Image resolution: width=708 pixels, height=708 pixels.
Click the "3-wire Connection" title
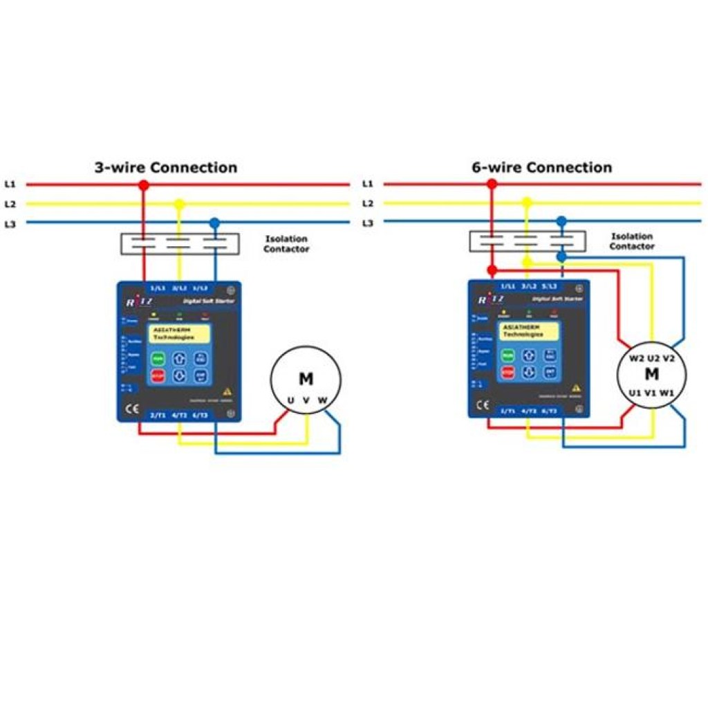click(x=166, y=167)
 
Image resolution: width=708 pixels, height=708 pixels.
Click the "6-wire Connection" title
click(x=541, y=167)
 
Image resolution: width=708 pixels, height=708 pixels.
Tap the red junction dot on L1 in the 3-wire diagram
click(x=144, y=185)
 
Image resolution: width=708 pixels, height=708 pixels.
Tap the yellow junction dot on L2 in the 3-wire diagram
click(x=179, y=204)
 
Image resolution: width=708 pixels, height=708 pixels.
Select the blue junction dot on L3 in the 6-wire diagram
click(x=561, y=221)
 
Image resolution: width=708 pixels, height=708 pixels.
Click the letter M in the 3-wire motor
click(x=306, y=378)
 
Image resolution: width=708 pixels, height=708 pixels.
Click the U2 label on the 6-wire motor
click(x=651, y=358)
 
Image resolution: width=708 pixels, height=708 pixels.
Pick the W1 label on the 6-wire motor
click(x=667, y=392)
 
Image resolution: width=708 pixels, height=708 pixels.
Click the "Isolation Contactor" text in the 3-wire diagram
click(x=286, y=244)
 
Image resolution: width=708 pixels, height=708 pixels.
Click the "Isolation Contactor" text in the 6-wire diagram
click(x=632, y=241)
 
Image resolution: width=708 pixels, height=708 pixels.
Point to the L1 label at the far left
click(x=10, y=185)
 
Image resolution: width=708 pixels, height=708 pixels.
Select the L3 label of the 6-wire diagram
click(x=367, y=223)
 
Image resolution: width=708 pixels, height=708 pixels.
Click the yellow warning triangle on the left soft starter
click(x=227, y=391)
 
